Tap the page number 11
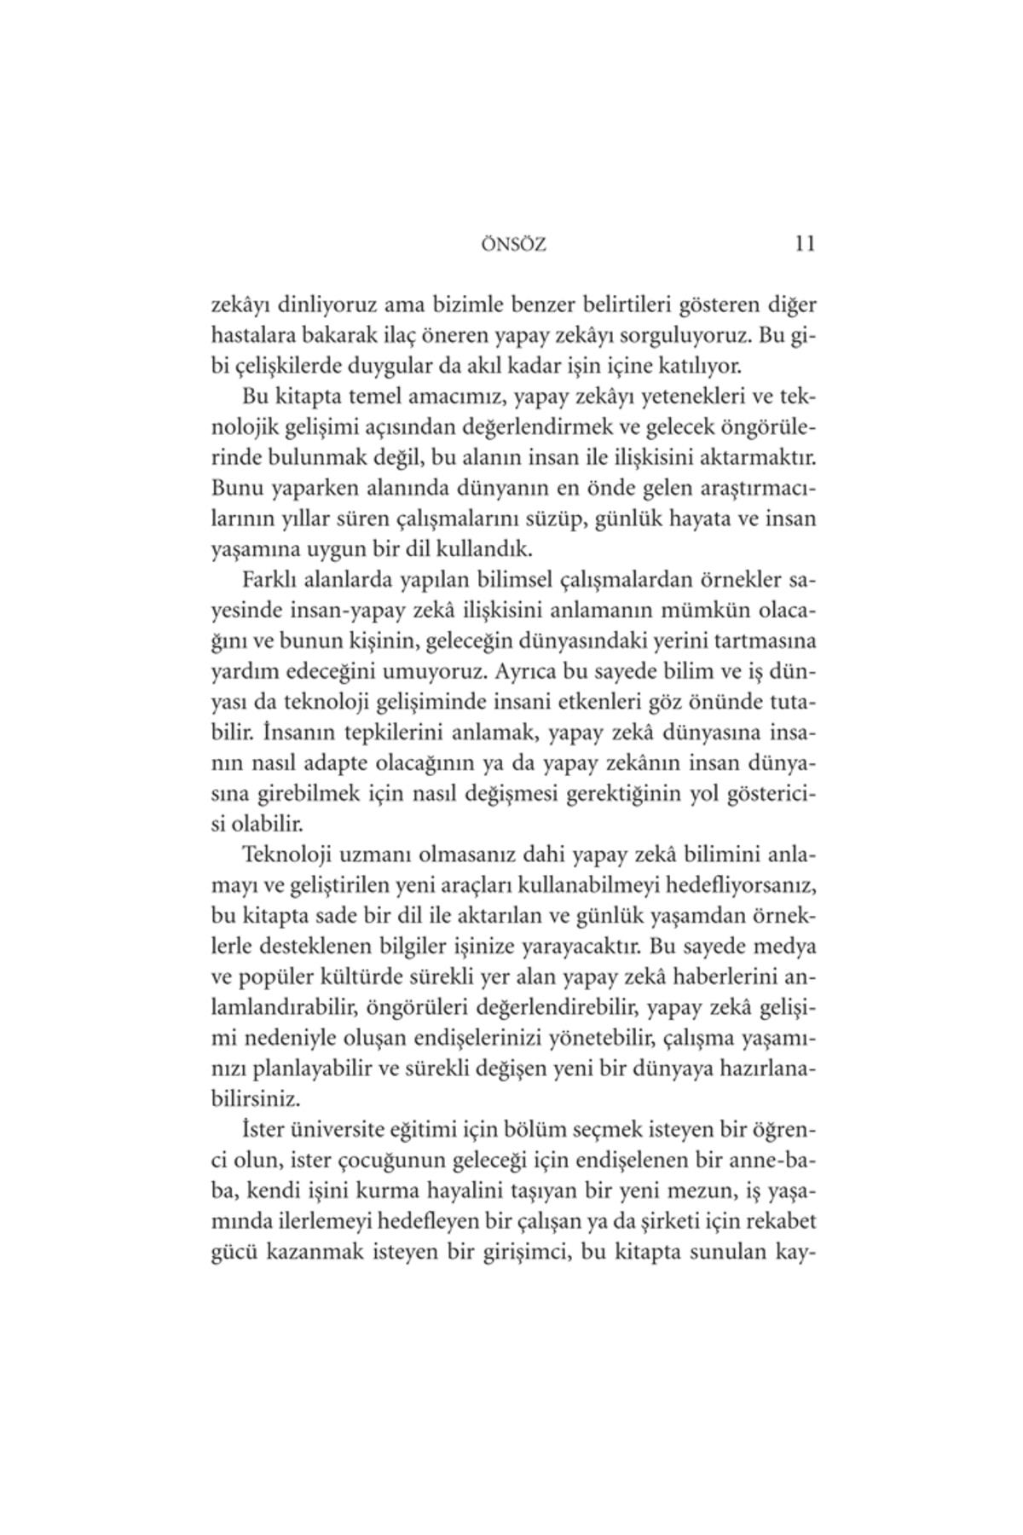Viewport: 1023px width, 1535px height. coord(804,244)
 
